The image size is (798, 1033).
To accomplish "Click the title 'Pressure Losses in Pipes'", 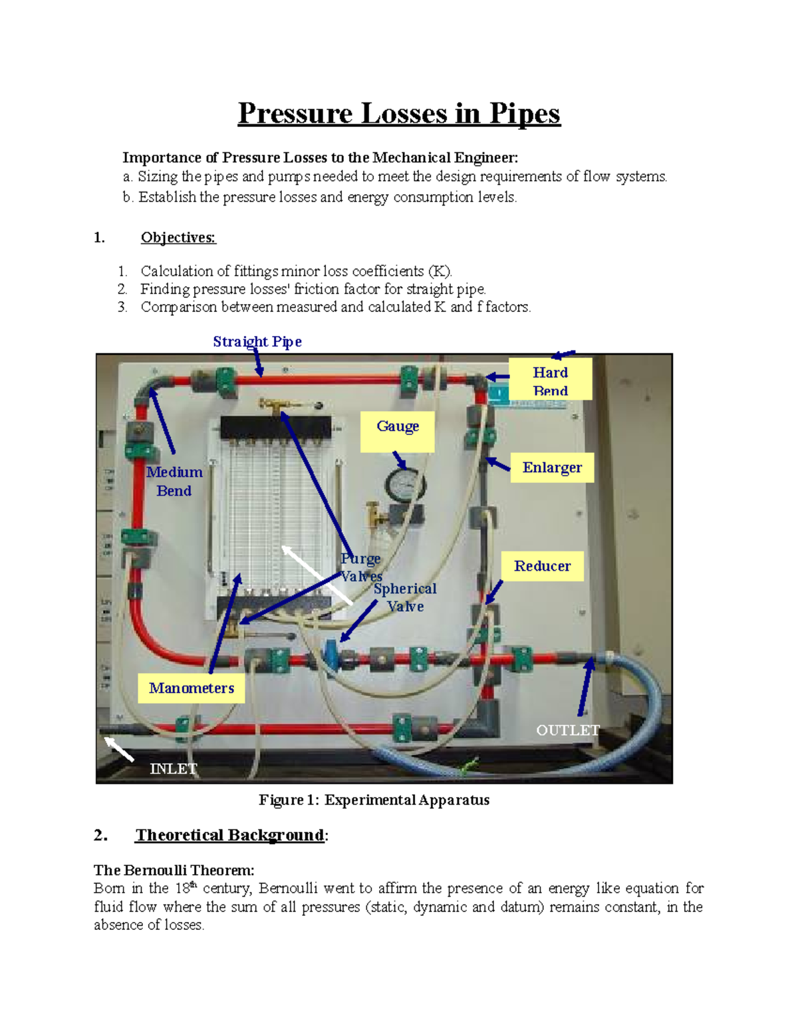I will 399,113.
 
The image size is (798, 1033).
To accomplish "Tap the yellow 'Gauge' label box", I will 398,430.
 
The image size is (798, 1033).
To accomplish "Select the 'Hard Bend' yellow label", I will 550,379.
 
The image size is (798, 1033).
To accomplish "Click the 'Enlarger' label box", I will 552,468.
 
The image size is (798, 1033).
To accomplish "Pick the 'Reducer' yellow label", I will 542,566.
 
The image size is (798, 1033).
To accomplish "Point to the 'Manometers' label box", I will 192,688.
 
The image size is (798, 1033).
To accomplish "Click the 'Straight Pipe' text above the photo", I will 257,341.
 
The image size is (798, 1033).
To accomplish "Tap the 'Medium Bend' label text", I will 174,481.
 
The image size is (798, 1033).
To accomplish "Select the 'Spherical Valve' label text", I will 405,597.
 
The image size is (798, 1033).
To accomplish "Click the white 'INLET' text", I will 174,768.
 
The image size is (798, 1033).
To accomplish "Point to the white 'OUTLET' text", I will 568,730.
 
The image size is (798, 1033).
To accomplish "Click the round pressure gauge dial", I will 406,486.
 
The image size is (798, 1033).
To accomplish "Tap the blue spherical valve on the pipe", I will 331,655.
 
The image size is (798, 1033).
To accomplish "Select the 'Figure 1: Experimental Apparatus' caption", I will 374,800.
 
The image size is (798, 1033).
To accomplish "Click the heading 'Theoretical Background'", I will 229,835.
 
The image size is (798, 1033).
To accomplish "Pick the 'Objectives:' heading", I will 178,237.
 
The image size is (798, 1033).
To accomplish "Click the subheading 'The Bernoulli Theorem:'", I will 174,870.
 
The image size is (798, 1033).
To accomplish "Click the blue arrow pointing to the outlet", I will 585,685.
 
